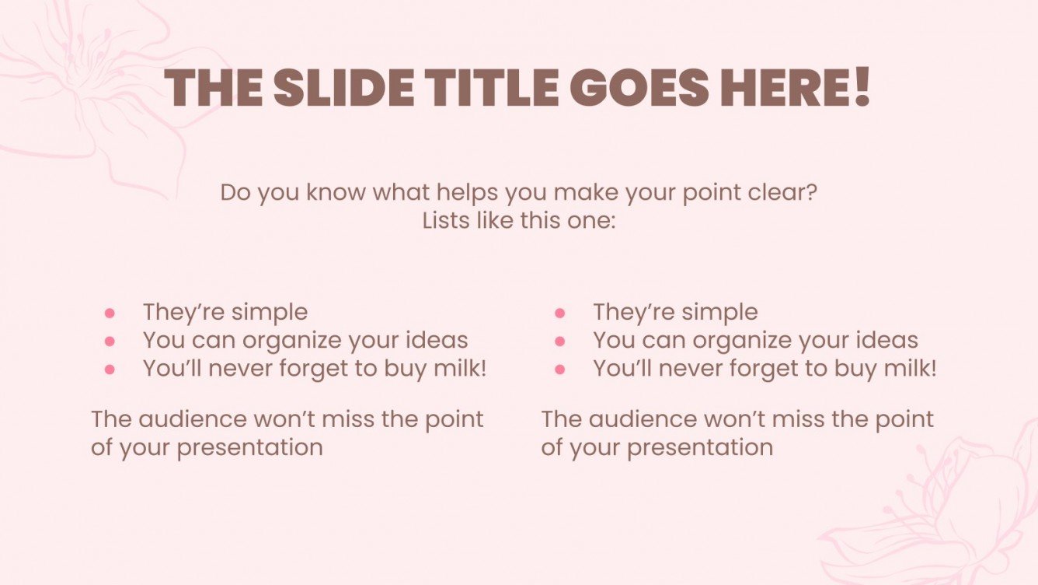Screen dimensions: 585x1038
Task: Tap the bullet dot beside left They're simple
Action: [x=110, y=313]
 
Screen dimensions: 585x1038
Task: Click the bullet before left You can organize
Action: [x=110, y=341]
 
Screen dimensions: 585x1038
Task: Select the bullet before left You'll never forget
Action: [x=110, y=369]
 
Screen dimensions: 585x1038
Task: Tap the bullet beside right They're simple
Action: [x=560, y=313]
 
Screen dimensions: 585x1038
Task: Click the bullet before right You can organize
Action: [x=560, y=341]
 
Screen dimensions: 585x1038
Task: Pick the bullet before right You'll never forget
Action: [x=560, y=369]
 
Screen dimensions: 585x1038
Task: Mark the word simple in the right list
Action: [x=720, y=313]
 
